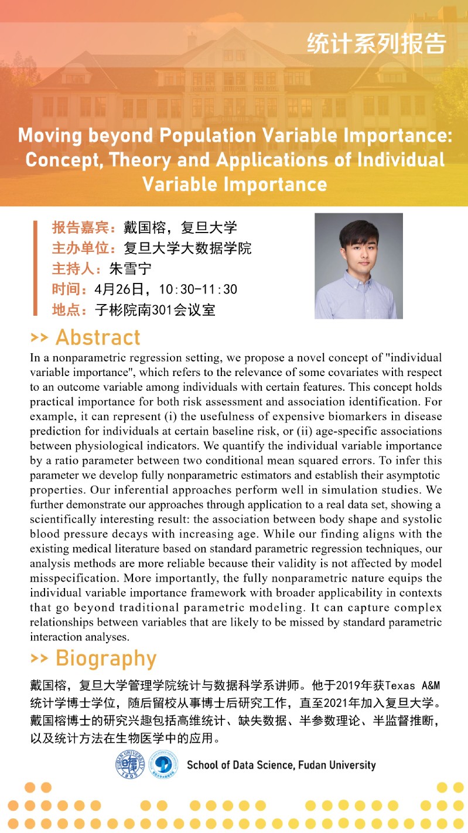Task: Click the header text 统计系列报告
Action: pyautogui.click(x=377, y=44)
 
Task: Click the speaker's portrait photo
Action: pyautogui.click(x=358, y=266)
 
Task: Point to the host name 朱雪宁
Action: pyautogui.click(x=129, y=269)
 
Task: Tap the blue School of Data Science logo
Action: pyautogui.click(x=163, y=764)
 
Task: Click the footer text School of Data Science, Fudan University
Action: pyautogui.click(x=281, y=765)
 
